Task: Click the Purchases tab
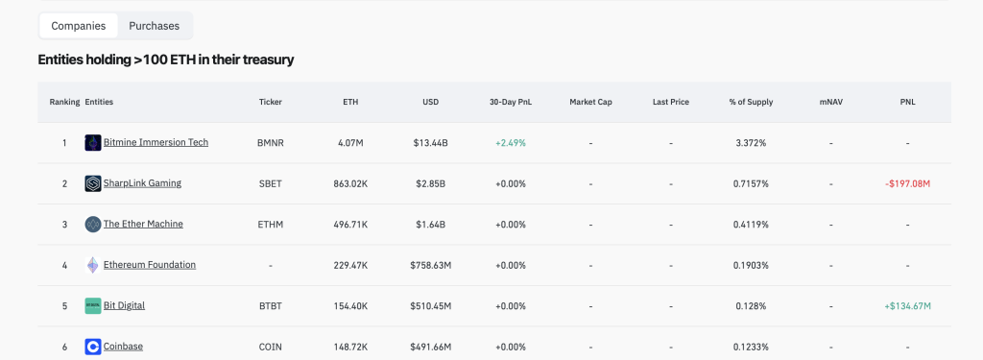click(155, 26)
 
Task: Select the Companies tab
click(79, 26)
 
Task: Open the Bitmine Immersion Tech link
click(156, 142)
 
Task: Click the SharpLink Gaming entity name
click(142, 183)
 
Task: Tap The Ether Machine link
click(143, 224)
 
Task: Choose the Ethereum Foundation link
click(149, 265)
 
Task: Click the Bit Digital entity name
click(124, 305)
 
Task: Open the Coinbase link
click(123, 347)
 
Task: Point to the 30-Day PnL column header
click(511, 102)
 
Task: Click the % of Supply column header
click(751, 102)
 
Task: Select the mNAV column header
click(830, 102)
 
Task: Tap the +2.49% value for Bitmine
click(511, 143)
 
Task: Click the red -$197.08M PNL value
click(908, 183)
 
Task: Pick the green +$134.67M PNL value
click(908, 306)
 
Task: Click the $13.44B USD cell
click(431, 143)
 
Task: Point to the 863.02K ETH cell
click(350, 183)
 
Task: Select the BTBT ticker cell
click(270, 306)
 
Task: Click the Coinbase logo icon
click(93, 347)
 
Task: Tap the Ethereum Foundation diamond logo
click(93, 265)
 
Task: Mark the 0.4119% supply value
click(751, 225)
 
